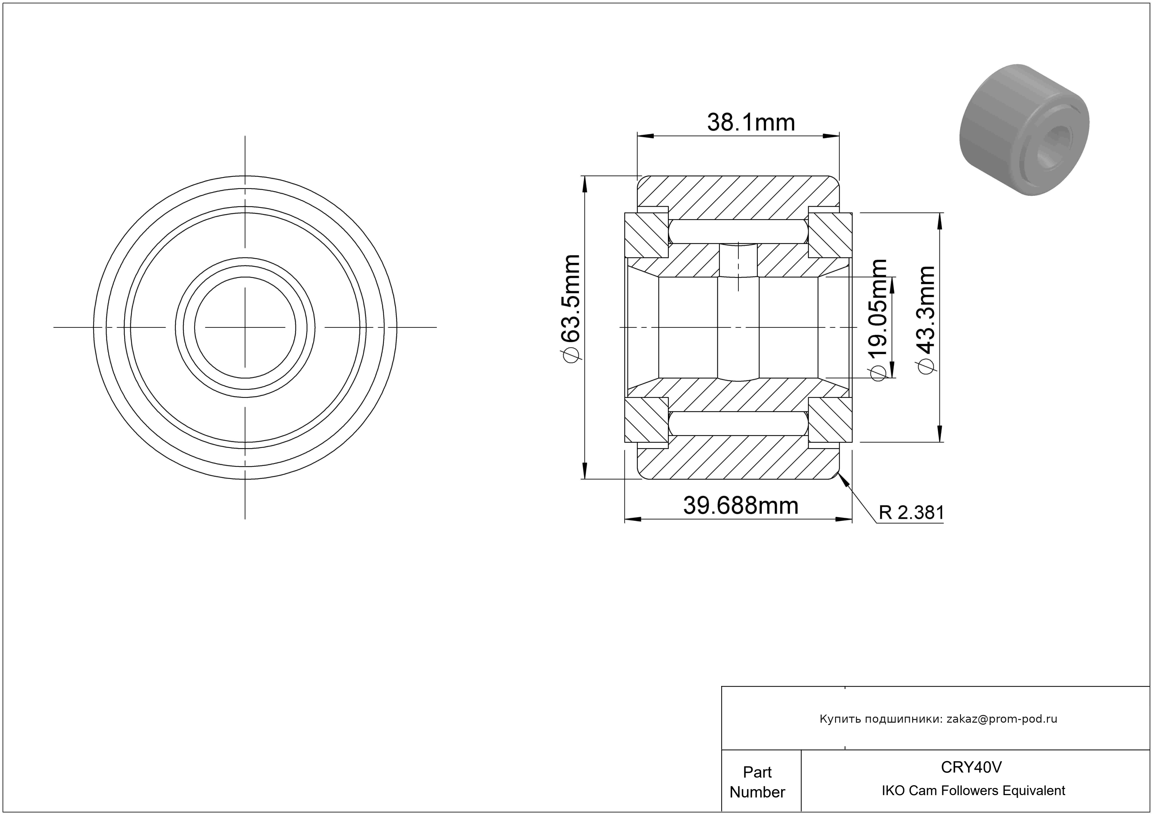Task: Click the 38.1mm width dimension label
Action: (751, 123)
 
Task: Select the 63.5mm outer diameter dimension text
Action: (572, 299)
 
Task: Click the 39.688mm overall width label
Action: (741, 506)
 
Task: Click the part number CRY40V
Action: (971, 767)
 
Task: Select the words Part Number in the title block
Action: (757, 782)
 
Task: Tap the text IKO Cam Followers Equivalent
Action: (973, 790)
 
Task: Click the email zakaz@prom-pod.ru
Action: (1002, 719)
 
